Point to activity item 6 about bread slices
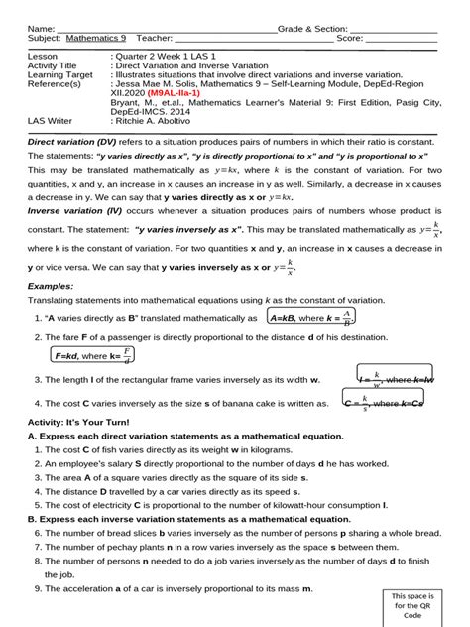point(224,533)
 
